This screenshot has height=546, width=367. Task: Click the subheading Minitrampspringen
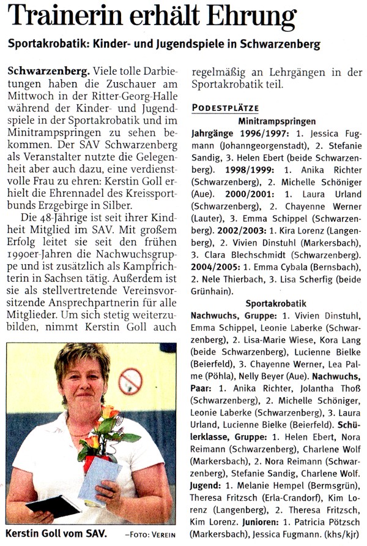(277, 121)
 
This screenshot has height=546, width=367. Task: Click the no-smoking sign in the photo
(130, 381)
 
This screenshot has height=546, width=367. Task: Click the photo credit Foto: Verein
(150, 532)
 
